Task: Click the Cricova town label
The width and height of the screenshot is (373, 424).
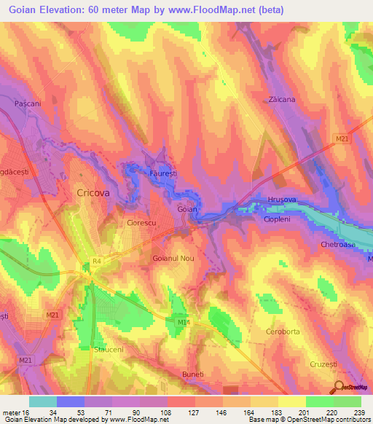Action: point(93,192)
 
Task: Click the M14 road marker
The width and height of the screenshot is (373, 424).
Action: point(182,320)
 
